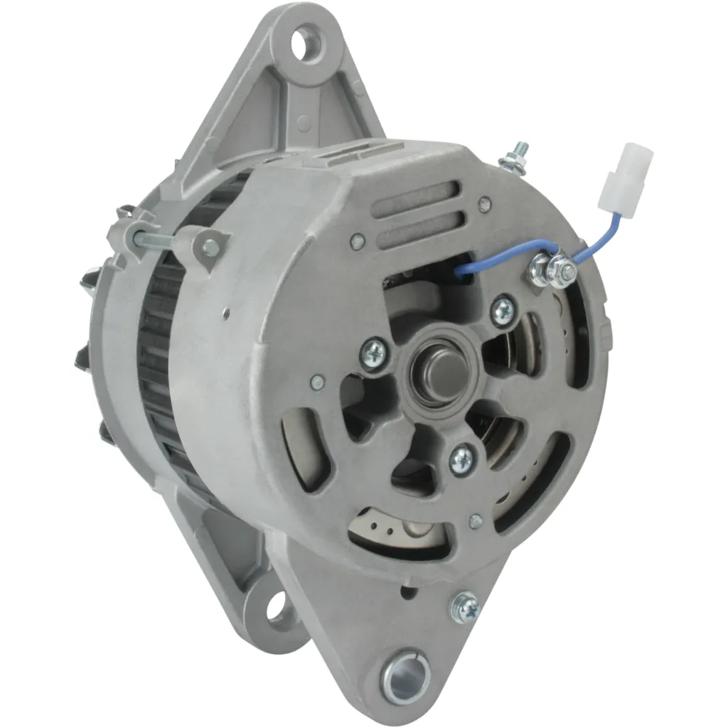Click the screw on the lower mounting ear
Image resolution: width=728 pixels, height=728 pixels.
click(x=466, y=608)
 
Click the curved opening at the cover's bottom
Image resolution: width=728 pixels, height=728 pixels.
click(x=399, y=529)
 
